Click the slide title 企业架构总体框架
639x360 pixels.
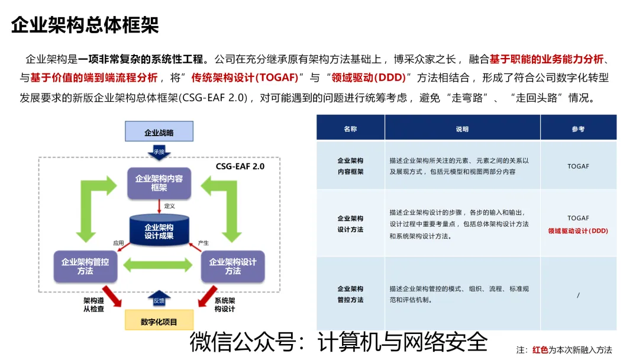tap(85, 25)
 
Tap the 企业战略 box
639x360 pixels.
tap(159, 132)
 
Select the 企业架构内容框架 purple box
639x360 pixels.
tap(159, 183)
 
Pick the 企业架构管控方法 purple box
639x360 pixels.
tap(85, 266)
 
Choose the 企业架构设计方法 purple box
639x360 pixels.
tap(233, 266)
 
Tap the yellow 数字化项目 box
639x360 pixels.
tap(159, 322)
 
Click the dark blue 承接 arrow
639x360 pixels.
tap(159, 153)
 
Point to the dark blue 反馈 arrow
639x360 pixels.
tap(159, 300)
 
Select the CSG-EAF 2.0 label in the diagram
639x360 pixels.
tap(240, 166)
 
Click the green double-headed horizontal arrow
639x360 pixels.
tap(159, 266)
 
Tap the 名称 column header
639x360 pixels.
tap(350, 128)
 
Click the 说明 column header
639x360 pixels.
tap(462, 128)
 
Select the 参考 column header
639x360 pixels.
tap(578, 128)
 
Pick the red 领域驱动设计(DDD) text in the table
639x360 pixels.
tap(578, 231)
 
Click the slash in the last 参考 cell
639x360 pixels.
tap(578, 294)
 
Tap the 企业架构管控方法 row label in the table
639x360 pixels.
tap(350, 294)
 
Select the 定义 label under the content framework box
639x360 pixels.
tap(169, 206)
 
